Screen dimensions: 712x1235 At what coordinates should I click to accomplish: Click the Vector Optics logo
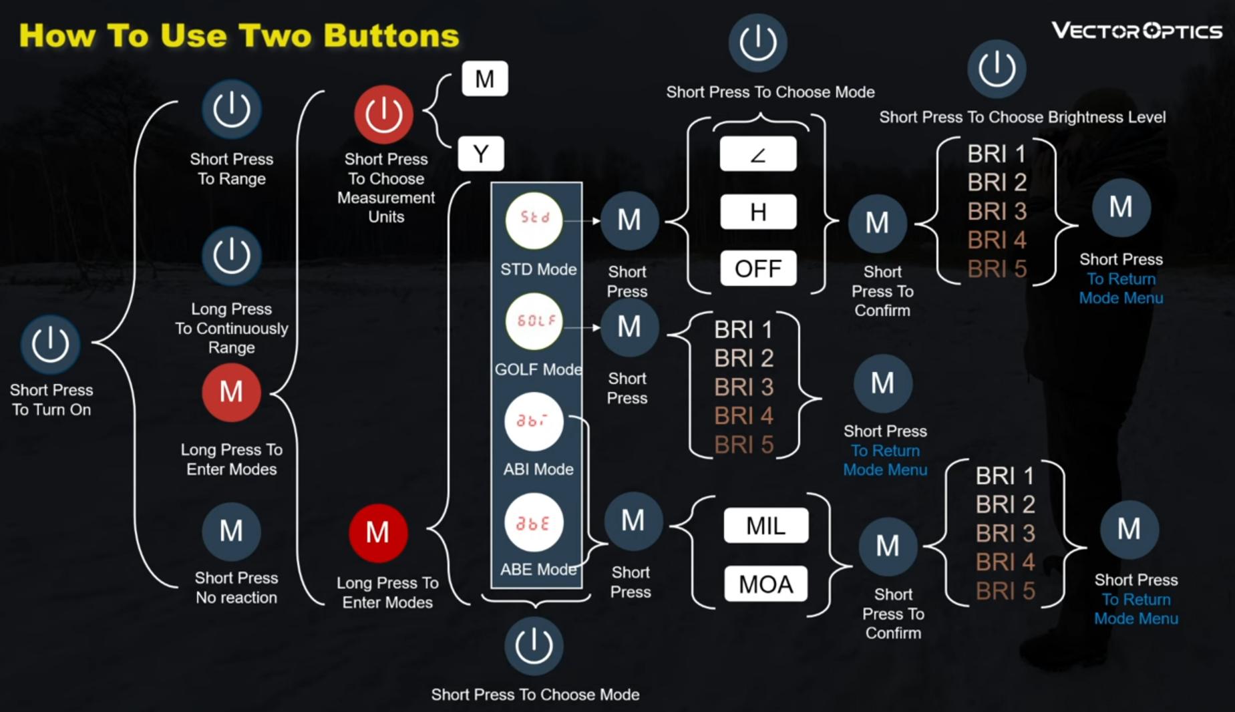click(x=1136, y=31)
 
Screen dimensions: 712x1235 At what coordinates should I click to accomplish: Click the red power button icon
click(x=383, y=114)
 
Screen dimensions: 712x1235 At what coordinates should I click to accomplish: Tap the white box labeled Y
click(x=481, y=154)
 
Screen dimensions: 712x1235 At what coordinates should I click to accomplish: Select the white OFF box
click(x=757, y=269)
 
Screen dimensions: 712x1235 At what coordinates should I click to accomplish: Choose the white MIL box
click(x=765, y=526)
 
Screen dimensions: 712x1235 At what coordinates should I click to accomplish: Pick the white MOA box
click(x=765, y=584)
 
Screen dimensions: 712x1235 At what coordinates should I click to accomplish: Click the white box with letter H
click(x=757, y=212)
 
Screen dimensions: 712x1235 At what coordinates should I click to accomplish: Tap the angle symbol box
click(x=757, y=154)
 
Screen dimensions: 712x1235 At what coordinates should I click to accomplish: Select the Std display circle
click(x=534, y=219)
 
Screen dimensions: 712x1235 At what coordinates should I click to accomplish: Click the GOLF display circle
click(x=534, y=321)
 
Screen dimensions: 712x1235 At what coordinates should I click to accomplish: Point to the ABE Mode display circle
click(x=534, y=523)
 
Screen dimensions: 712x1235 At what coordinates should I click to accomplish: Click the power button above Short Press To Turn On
click(x=50, y=345)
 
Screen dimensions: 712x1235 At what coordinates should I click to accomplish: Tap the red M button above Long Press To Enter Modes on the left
click(x=231, y=392)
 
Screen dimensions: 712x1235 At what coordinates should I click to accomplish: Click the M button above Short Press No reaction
click(x=231, y=532)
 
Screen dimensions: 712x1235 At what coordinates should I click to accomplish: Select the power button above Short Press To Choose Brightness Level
click(x=997, y=69)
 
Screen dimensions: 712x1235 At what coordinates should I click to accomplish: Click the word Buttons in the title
click(x=391, y=35)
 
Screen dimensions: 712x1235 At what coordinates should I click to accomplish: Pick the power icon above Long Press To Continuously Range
click(x=231, y=256)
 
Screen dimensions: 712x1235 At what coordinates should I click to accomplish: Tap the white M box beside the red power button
click(x=484, y=79)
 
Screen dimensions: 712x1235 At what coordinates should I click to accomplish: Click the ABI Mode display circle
click(x=534, y=422)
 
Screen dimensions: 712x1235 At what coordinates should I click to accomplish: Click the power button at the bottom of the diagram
click(x=534, y=645)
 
